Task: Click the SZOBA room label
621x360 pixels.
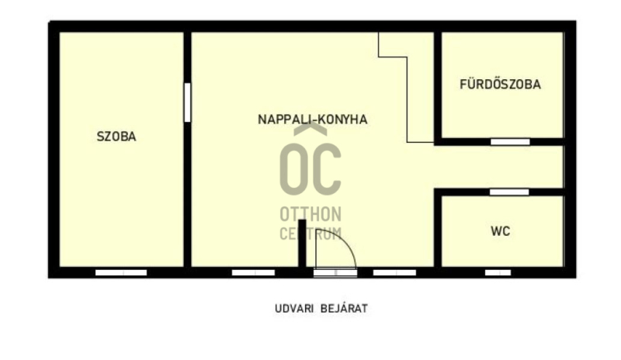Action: click(x=116, y=137)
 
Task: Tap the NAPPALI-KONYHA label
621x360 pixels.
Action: click(x=313, y=119)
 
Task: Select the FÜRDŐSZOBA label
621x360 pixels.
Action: click(x=500, y=84)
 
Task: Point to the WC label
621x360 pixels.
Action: click(x=500, y=231)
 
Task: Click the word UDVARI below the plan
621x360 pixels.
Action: click(x=293, y=309)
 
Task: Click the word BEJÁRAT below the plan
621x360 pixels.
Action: click(x=344, y=308)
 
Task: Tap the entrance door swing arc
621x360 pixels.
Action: click(x=345, y=247)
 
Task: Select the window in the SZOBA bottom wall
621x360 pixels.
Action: click(x=121, y=272)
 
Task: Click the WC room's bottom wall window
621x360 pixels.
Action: click(x=498, y=272)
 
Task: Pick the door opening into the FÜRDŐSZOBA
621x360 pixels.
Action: click(x=510, y=142)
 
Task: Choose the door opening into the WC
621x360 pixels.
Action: click(x=509, y=192)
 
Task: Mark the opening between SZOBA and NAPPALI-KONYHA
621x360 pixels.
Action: click(x=187, y=102)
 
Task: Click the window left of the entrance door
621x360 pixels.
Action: click(x=254, y=272)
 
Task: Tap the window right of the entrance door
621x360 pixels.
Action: click(x=394, y=272)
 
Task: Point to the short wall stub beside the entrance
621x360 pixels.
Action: click(x=302, y=243)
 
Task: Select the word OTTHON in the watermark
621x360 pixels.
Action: click(x=310, y=214)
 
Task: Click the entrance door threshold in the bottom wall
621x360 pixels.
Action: click(x=335, y=272)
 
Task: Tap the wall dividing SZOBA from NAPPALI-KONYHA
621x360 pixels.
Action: click(x=187, y=149)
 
